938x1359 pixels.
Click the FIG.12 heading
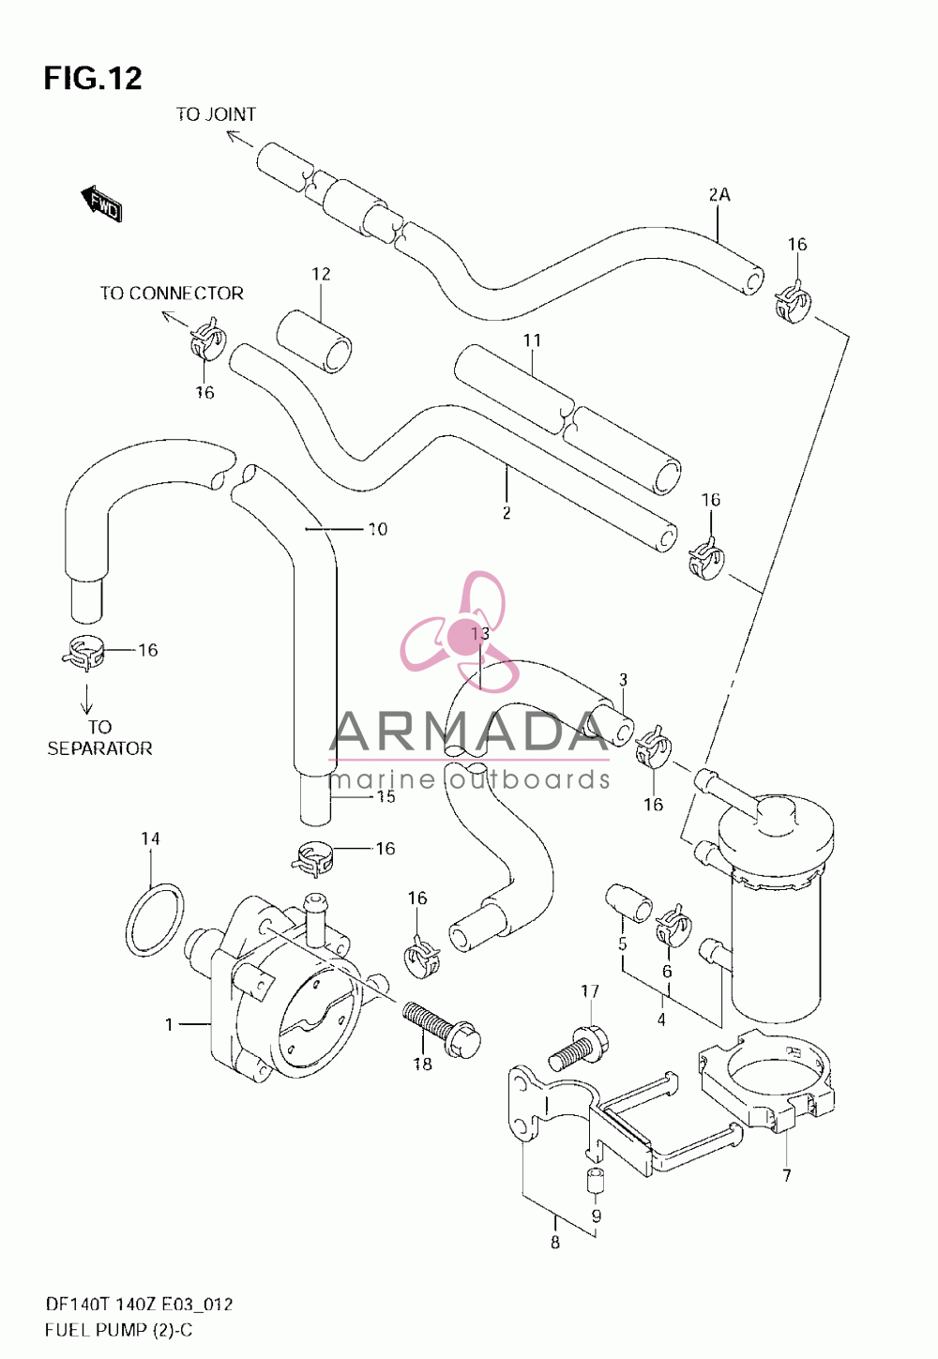[93, 78]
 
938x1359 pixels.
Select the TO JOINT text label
[216, 114]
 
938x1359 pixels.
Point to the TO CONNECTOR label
[172, 294]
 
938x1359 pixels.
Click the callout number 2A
[719, 195]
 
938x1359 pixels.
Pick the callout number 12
[321, 274]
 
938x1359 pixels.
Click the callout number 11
[532, 340]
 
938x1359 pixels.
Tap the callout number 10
[378, 529]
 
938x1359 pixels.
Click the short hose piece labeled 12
[313, 341]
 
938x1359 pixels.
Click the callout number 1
[169, 1025]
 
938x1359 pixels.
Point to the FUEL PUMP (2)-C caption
[118, 1331]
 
